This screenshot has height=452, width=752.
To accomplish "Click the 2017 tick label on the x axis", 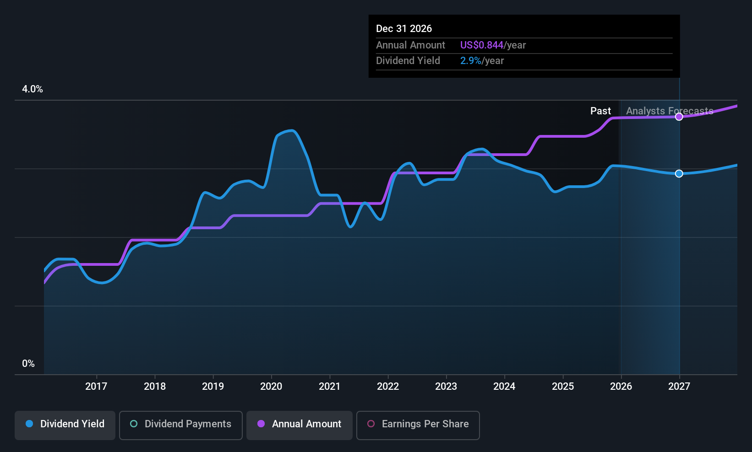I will pos(96,386).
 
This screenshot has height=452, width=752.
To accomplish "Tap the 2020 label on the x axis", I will pos(271,386).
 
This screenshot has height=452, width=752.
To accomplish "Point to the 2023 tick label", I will pos(446,386).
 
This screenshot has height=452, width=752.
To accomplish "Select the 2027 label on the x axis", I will pos(679,386).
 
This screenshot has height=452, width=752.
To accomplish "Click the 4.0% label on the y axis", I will pos(33,89).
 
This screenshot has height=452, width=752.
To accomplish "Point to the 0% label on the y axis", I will pos(28,364).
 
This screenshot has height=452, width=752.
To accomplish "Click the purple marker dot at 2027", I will pos(679,117).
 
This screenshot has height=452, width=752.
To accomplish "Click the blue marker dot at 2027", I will pos(679,173).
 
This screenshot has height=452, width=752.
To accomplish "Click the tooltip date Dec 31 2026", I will pos(404,28).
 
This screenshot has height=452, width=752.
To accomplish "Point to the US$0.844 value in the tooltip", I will pos(481,45).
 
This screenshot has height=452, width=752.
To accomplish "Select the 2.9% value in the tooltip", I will pos(470,60).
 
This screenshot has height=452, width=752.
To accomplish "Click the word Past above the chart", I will pos(600,111).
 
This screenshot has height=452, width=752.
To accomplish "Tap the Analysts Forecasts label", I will pos(670,111).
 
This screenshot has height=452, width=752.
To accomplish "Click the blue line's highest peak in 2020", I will pos(291,131).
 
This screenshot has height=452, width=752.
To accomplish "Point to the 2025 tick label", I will pos(563,386).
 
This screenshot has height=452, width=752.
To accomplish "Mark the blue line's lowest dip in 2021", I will pos(350,226).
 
